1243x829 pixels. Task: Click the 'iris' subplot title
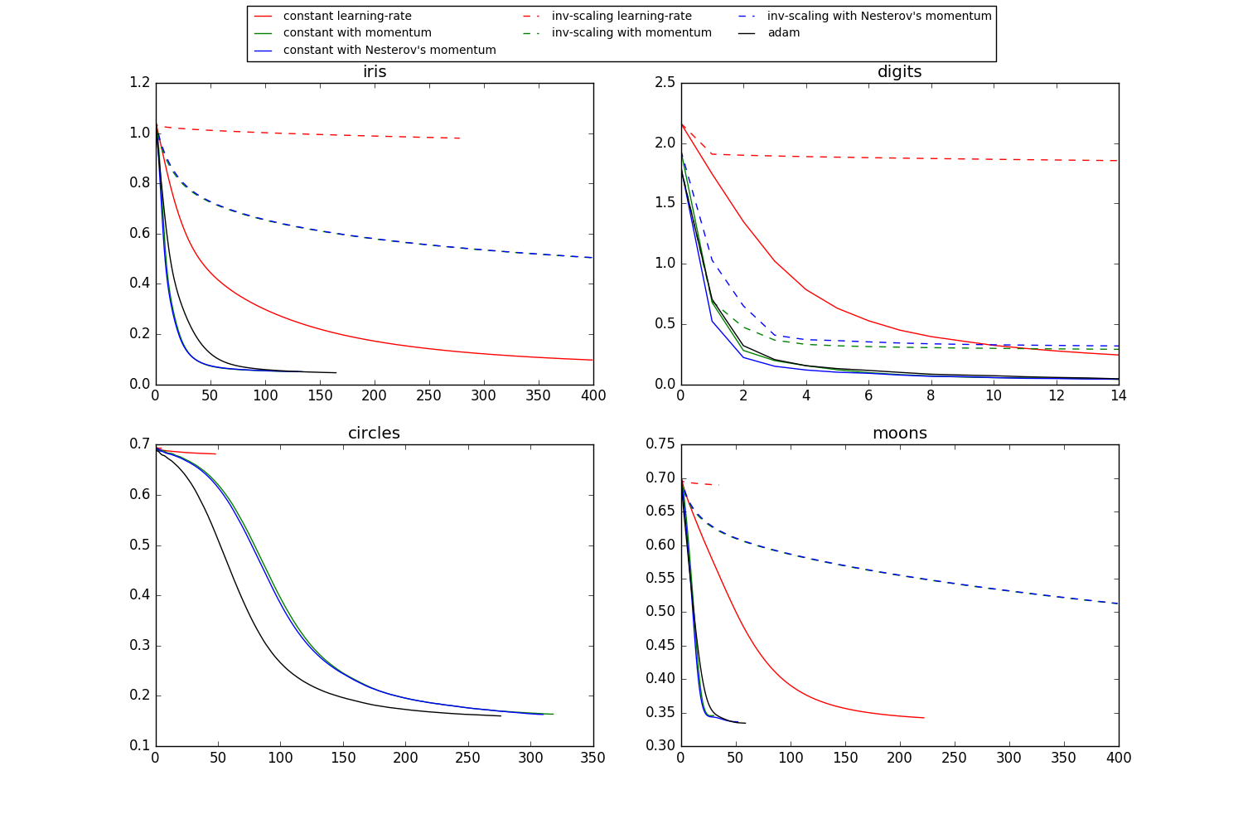[375, 72]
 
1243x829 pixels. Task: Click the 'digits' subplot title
[899, 72]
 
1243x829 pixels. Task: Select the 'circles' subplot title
[374, 434]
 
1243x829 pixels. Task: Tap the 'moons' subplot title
[899, 434]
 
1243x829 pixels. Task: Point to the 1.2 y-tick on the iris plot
[140, 83]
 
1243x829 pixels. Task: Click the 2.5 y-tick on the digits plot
[665, 83]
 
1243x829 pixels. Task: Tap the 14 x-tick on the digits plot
[1118, 396]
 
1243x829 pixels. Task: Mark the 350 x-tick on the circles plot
[592, 758]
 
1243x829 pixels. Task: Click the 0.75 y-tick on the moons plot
[661, 444]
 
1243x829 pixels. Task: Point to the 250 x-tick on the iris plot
[428, 396]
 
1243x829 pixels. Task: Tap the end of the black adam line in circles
[501, 715]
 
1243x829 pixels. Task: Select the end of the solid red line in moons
[924, 718]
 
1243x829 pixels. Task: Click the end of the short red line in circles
[215, 453]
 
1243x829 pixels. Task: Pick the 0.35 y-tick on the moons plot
[661, 713]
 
